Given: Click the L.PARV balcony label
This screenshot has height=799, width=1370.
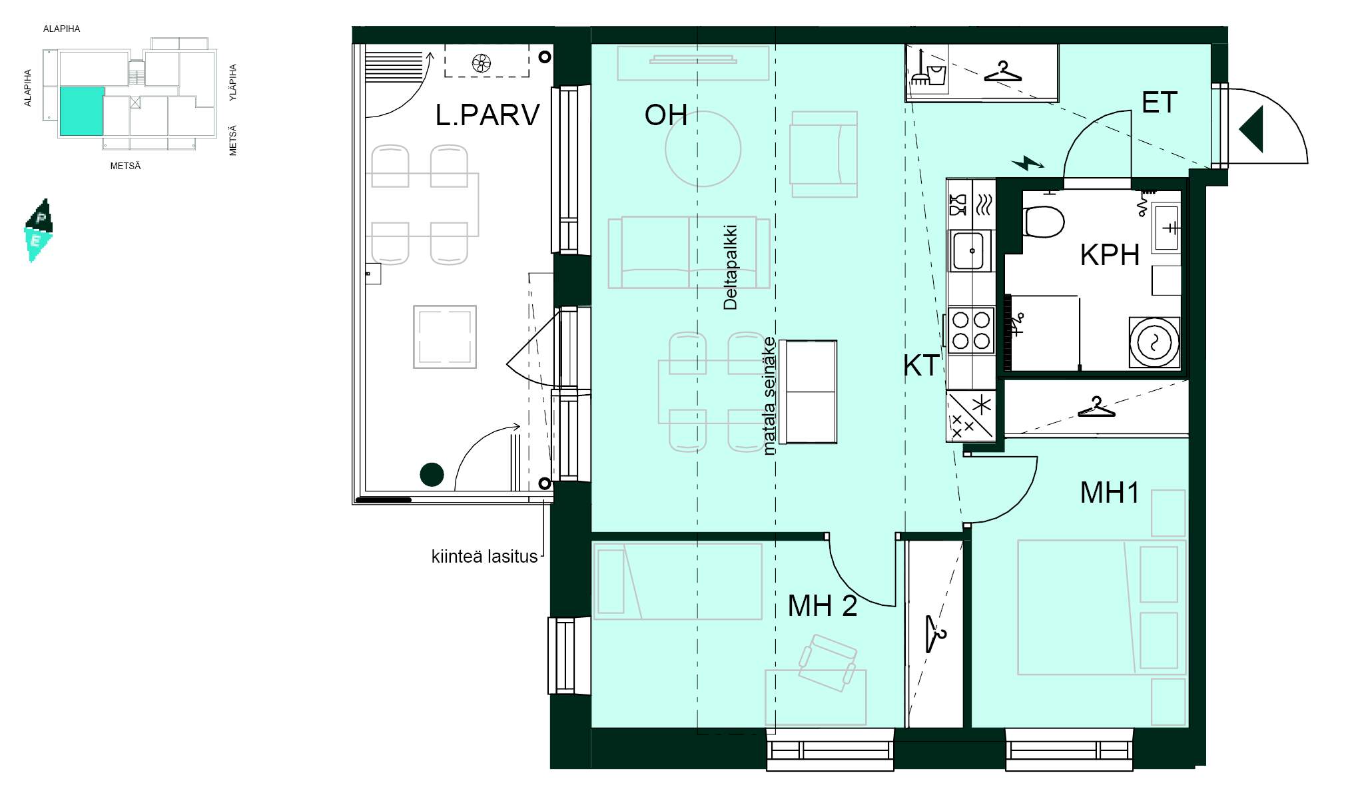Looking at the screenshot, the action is tap(487, 115).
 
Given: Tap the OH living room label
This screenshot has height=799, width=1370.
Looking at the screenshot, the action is tap(665, 115).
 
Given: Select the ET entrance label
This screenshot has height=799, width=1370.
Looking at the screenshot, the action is tap(1159, 103).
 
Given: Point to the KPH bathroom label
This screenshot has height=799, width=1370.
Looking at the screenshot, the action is tap(1110, 255).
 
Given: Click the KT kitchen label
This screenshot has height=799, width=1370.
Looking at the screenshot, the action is tap(921, 366).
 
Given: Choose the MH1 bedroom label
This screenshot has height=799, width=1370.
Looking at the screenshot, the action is tap(1110, 493).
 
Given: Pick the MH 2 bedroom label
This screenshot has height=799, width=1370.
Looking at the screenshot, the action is tap(822, 606).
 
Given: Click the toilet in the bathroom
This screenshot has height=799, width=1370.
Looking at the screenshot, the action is tap(1043, 221).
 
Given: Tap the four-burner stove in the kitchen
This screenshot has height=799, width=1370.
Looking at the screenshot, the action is tap(971, 330).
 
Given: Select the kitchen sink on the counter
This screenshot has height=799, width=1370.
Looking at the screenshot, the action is tap(970, 250).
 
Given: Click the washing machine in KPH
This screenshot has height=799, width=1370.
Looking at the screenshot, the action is tap(1154, 342).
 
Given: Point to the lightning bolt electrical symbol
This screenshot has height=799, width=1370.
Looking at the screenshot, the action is tap(1028, 162).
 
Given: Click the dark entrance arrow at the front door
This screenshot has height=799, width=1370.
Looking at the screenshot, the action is tap(1251, 130).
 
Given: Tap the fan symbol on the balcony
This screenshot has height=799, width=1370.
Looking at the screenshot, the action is tap(481, 63).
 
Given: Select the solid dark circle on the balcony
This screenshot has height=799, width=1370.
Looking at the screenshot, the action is tap(432, 475).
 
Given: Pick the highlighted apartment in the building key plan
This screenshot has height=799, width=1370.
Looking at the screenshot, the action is tap(82, 111).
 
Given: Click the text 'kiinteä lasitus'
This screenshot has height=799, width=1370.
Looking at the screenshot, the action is tap(484, 557).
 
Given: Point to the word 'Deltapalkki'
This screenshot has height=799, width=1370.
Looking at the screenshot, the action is tap(731, 268).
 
